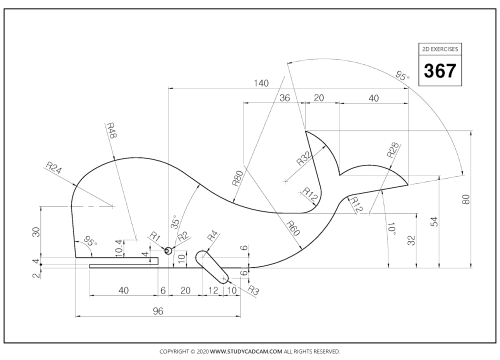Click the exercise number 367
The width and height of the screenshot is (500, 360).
[440, 71]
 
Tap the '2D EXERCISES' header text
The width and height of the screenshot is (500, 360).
[440, 49]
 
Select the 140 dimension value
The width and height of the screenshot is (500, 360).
[261, 83]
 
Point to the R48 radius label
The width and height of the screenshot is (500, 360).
[111, 130]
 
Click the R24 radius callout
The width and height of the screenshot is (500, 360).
[54, 168]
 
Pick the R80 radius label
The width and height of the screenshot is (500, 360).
[238, 178]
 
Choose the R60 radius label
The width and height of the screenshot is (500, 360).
[293, 228]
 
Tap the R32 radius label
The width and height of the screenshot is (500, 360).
[304, 158]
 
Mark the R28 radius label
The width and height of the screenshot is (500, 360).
[393, 150]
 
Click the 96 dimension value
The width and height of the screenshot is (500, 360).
[158, 311]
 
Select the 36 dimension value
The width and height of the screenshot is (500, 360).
[285, 98]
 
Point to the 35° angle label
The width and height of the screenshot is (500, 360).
[175, 222]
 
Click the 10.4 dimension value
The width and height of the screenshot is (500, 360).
[119, 248]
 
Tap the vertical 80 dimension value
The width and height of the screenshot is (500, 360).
[466, 199]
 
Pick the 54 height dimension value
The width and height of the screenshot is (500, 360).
[434, 222]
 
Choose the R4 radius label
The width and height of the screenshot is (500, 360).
[212, 236]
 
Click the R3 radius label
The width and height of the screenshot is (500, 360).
[253, 291]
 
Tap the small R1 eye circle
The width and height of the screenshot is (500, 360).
[169, 250]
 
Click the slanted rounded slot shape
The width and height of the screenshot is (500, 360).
[212, 267]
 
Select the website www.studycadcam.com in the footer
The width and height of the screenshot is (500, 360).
[246, 351]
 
